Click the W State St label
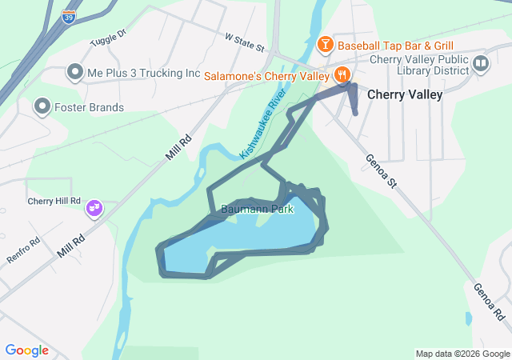[x=244, y=42]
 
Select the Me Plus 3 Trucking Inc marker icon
[x=75, y=73]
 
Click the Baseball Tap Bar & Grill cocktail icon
[x=325, y=44]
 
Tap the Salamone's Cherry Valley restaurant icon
[x=342, y=76]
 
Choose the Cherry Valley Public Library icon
[x=481, y=63]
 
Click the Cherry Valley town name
[x=404, y=94]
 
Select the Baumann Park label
[x=258, y=210]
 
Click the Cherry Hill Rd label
[x=54, y=201]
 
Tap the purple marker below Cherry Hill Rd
[x=94, y=209]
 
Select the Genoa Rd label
[x=488, y=302]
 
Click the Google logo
[x=26, y=350]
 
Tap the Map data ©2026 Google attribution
[x=462, y=354]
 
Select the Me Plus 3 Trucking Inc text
[x=144, y=73]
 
